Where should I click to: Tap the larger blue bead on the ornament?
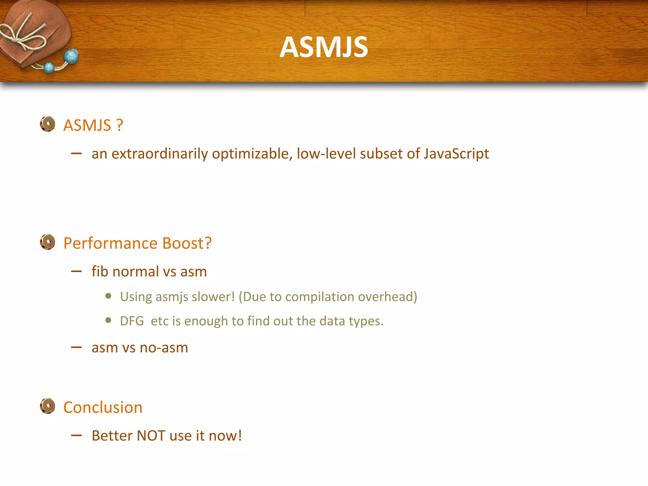click(71, 57)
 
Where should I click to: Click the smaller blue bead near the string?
click(49, 68)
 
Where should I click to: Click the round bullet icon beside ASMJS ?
click(48, 124)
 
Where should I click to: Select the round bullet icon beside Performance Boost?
click(48, 242)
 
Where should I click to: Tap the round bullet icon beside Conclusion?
click(48, 406)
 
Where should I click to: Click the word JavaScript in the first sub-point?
click(456, 154)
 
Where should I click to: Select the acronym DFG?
click(132, 321)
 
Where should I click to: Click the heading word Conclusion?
click(103, 408)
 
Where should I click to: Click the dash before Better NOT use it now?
click(77, 436)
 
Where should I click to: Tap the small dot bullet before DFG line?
click(108, 320)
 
